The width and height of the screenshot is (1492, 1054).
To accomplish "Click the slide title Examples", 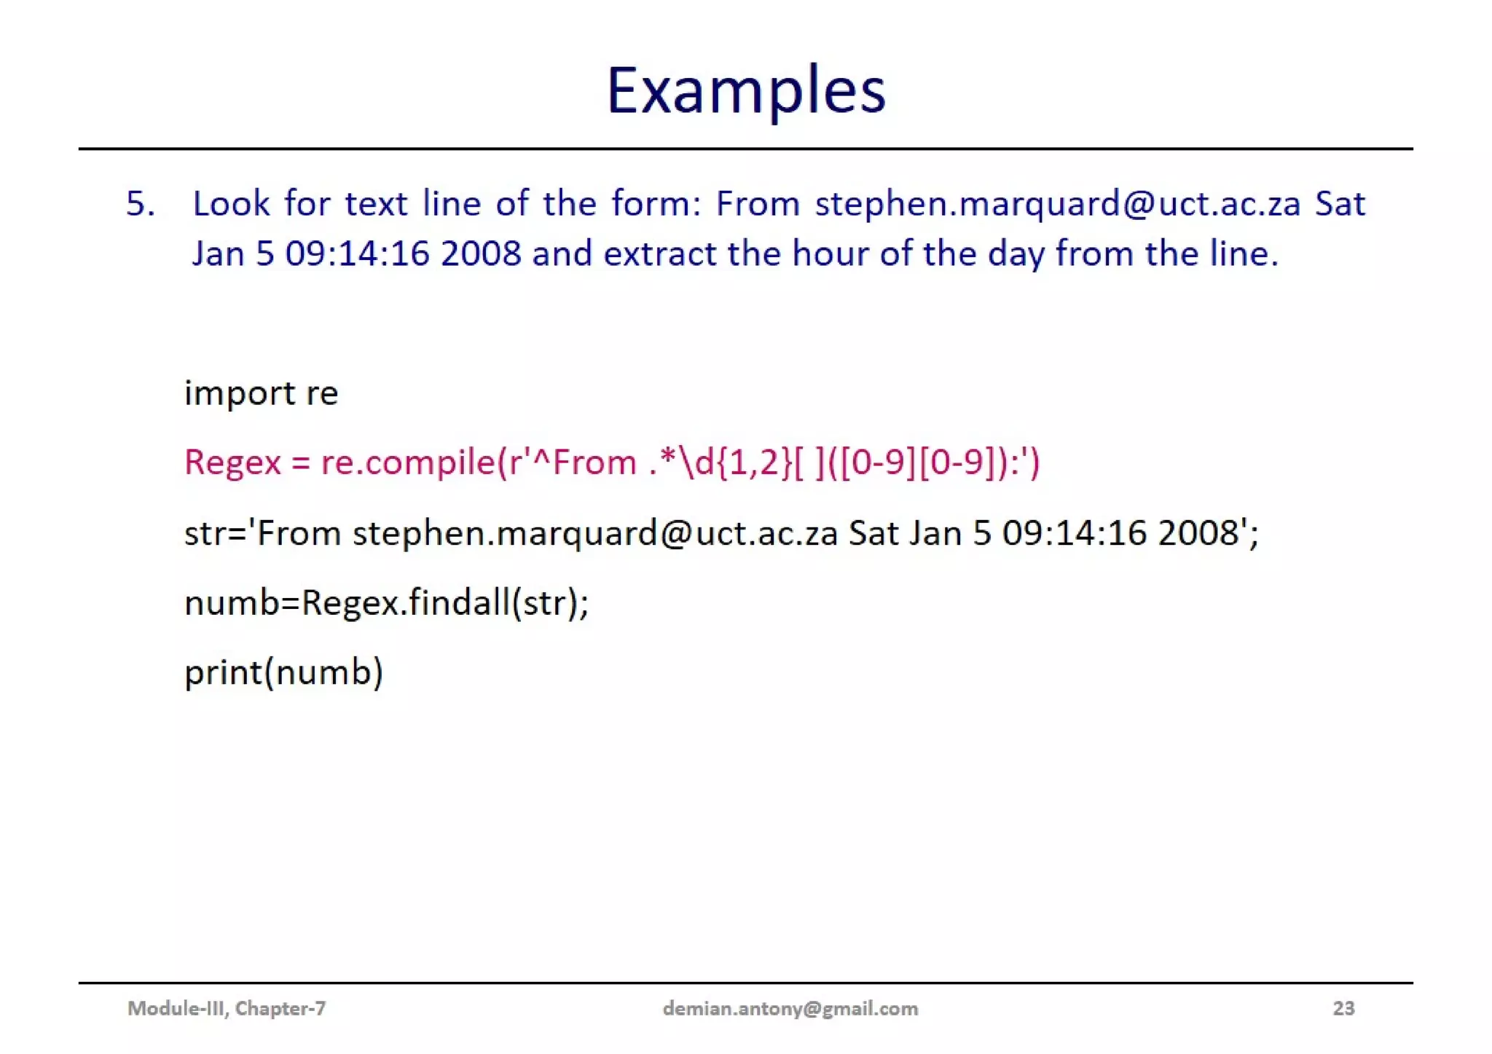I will (x=745, y=91).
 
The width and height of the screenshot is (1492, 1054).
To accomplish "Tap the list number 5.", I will (x=140, y=204).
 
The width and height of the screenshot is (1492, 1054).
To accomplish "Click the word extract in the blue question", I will (x=660, y=254).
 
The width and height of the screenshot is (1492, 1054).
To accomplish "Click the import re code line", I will (x=261, y=394).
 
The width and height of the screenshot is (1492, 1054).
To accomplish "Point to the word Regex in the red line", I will (x=232, y=463).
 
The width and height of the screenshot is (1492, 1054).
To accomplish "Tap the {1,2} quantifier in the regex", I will (x=754, y=463).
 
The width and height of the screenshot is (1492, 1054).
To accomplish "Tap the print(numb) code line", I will (x=283, y=672).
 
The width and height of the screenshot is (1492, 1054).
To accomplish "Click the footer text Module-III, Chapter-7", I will (x=227, y=1008).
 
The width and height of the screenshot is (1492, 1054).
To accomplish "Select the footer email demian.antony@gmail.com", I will (x=790, y=1008).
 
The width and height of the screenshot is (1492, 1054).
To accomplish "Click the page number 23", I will (x=1343, y=1008).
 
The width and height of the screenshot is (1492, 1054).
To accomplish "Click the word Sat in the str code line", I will (x=873, y=533).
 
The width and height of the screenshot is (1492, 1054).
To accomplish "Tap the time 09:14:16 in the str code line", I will (x=1075, y=533).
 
